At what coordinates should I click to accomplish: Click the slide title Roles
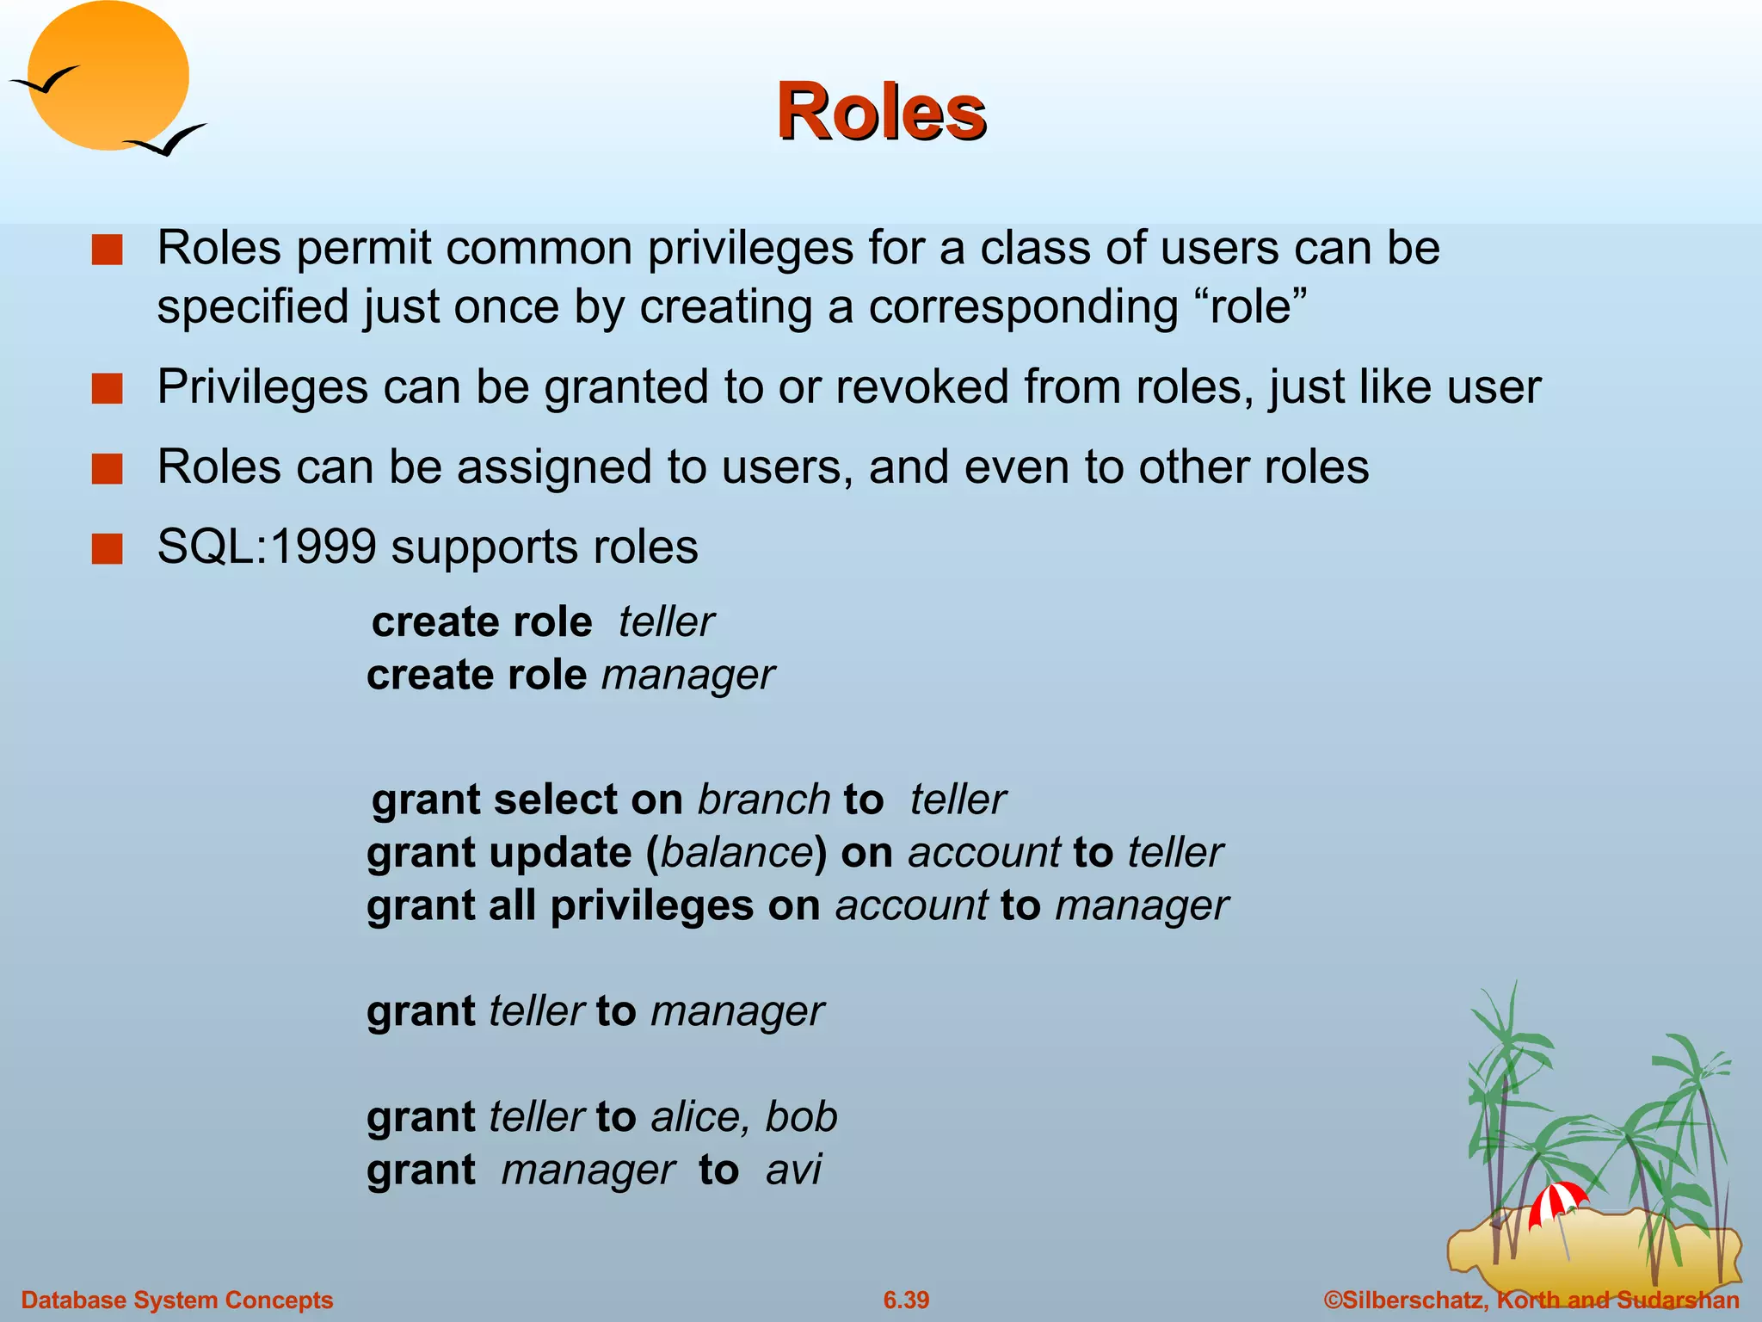[x=880, y=112]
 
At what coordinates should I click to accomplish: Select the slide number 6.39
[x=906, y=1300]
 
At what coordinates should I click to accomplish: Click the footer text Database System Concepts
[x=177, y=1300]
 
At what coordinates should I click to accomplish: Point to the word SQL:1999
[x=267, y=547]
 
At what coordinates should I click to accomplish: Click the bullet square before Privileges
[x=108, y=388]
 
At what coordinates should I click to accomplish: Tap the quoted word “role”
[x=1251, y=307]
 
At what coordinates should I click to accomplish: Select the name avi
[x=793, y=1170]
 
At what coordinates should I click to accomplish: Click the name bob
[x=801, y=1117]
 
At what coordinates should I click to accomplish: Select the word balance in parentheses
[x=736, y=853]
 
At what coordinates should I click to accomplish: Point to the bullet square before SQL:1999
[x=108, y=548]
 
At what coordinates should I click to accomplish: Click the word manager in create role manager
[x=687, y=676]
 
